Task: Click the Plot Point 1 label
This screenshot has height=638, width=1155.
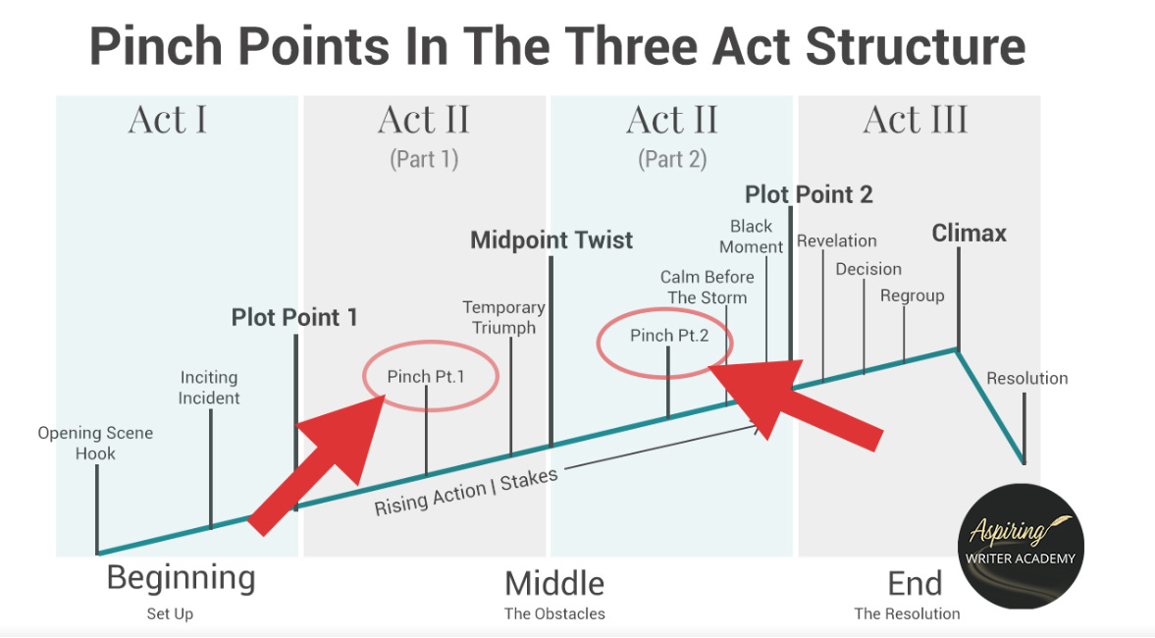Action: coord(294,318)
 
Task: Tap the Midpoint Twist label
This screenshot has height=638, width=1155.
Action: coord(551,240)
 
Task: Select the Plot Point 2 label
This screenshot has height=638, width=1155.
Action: coord(809,194)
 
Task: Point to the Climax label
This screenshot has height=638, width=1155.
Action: coord(969,234)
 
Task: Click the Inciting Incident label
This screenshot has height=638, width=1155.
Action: coord(209,388)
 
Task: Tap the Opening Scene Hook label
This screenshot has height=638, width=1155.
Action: coord(95,443)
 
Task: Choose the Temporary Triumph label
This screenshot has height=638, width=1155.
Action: coord(504,318)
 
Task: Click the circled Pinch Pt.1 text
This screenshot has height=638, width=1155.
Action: coord(426,376)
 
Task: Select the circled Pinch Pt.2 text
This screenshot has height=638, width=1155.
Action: coord(668,336)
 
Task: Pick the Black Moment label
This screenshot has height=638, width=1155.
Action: coord(752,237)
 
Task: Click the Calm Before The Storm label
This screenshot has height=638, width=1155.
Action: coord(707,288)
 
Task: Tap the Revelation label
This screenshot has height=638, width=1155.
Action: coord(836,241)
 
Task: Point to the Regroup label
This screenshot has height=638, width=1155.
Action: coord(912,295)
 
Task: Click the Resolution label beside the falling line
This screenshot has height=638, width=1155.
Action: coord(1026,379)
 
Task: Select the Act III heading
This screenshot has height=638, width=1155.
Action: coord(916,121)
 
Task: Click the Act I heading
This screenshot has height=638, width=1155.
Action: coord(168,121)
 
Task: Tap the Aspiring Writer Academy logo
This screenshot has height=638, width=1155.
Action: coord(1020,546)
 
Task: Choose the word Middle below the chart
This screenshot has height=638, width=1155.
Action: coord(554,583)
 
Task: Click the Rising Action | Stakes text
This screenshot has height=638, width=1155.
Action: coord(466,491)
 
